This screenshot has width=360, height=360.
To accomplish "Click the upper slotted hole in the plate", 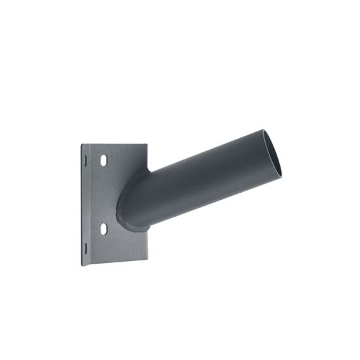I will point(103,159).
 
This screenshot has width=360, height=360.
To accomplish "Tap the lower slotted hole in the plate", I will point(102,228).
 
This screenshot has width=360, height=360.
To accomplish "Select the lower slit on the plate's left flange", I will point(85,245).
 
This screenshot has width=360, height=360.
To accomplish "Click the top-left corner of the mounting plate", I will point(81,145).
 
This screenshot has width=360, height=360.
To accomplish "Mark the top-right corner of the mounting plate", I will point(146,145).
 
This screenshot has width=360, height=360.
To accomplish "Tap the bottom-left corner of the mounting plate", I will point(82,265).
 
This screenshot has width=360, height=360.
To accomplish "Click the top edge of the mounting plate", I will point(114,145).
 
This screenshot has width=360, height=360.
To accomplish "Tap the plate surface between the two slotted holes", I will point(102,194).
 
